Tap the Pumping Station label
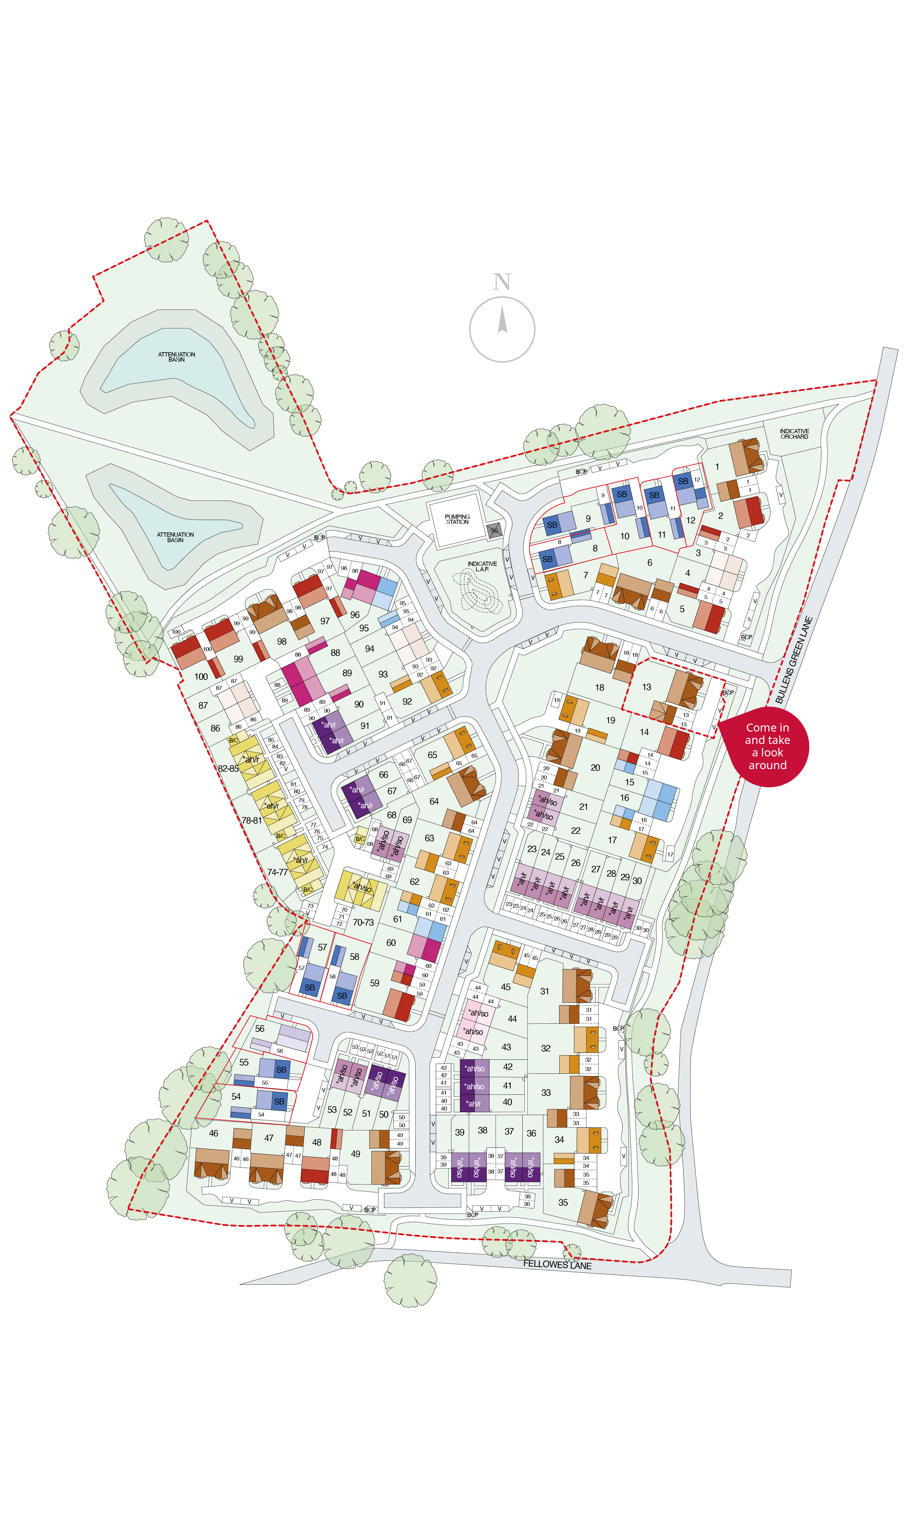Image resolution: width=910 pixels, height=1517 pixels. (x=457, y=519)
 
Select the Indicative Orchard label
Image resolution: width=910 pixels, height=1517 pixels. (x=794, y=434)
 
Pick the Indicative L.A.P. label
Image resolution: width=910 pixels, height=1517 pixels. (x=482, y=566)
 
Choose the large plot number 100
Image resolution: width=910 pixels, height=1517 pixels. (x=201, y=676)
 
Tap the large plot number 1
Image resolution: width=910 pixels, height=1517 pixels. (x=717, y=467)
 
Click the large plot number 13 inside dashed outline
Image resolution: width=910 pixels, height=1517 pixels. (x=646, y=687)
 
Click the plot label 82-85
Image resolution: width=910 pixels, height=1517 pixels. (x=228, y=768)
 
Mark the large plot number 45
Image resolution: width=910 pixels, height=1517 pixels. (x=505, y=987)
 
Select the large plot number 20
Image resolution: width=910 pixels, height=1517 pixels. (x=595, y=768)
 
